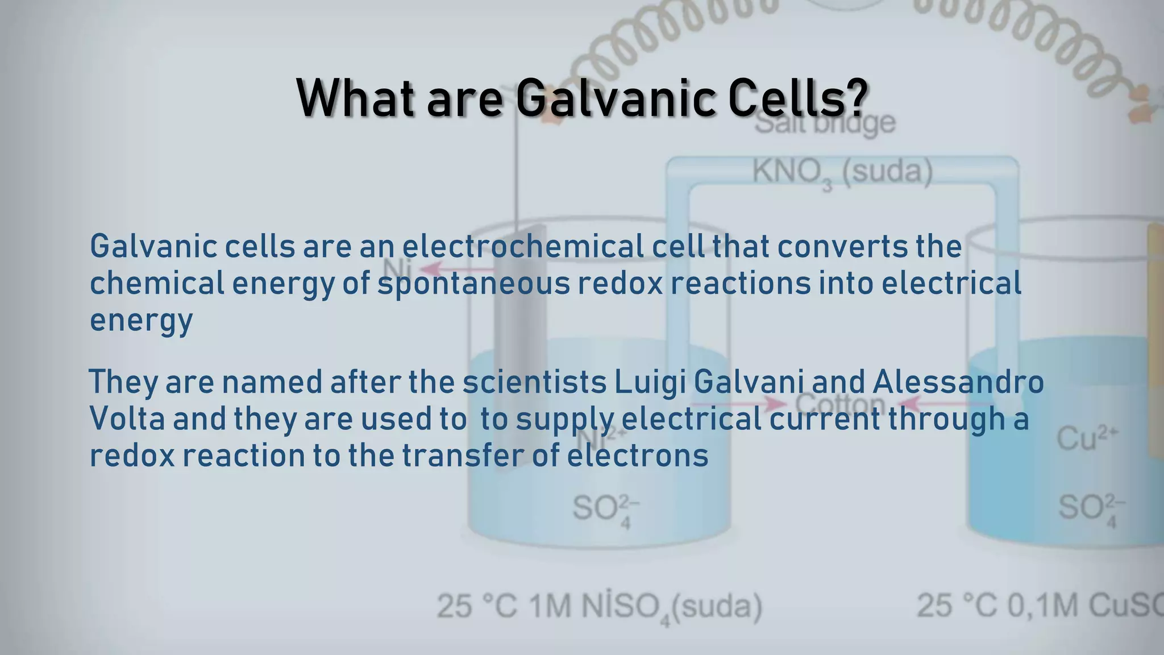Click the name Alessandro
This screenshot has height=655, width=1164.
click(x=958, y=382)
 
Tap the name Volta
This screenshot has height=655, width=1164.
click(x=127, y=419)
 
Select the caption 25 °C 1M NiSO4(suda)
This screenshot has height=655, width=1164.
click(x=599, y=607)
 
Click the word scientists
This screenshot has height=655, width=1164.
click(x=534, y=382)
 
